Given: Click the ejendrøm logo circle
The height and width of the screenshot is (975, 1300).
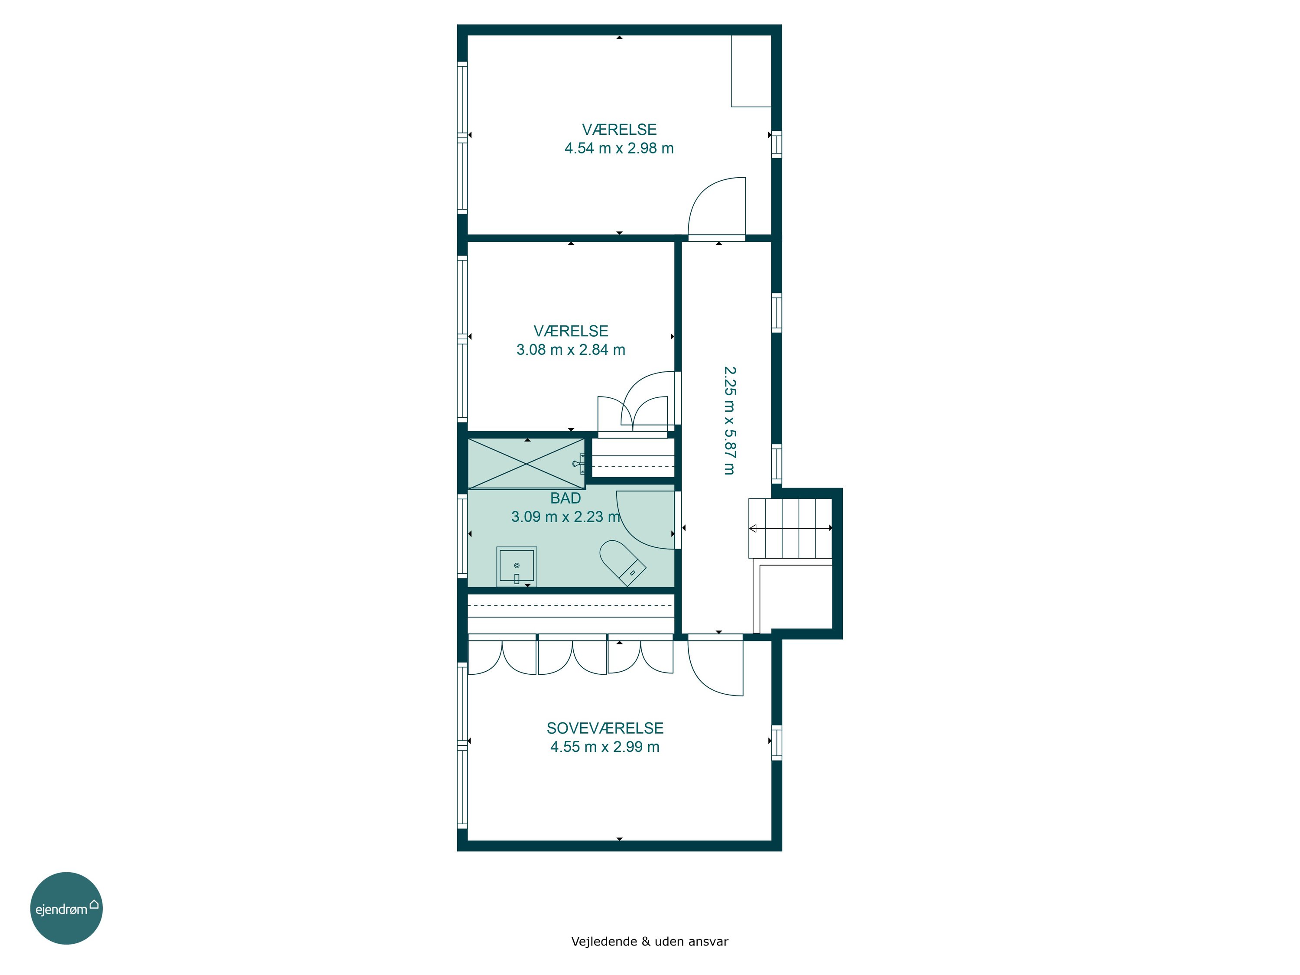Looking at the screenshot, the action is pos(66,908).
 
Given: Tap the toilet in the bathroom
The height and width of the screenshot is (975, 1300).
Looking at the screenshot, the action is pos(622,562).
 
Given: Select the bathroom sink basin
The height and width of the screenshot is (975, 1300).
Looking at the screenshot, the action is pos(517,566).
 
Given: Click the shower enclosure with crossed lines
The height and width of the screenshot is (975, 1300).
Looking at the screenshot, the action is pos(526,463).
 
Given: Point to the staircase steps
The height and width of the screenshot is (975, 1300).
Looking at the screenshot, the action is pos(790,528).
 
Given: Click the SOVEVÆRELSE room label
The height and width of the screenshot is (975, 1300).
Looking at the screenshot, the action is pos(605,728).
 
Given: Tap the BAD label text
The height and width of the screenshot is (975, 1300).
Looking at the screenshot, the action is pos(565,498).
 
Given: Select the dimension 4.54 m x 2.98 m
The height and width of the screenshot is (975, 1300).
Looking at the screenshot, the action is pos(619,148).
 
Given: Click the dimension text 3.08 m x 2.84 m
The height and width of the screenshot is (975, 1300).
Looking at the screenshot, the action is pos(571,350).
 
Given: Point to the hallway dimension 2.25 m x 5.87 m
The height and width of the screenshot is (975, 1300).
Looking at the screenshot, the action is pos(729,420).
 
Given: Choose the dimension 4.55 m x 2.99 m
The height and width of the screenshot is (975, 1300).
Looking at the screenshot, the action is pos(605,747).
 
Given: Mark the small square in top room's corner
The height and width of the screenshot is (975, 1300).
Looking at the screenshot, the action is pos(751,71).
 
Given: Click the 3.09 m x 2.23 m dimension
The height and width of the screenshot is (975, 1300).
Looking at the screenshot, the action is pos(565,517).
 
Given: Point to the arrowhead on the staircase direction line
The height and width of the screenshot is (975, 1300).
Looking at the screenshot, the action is pos(753,528).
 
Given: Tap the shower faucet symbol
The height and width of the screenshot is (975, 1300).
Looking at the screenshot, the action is pos(579,464).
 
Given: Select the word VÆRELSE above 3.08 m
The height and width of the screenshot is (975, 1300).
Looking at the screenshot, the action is pos(571,331).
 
